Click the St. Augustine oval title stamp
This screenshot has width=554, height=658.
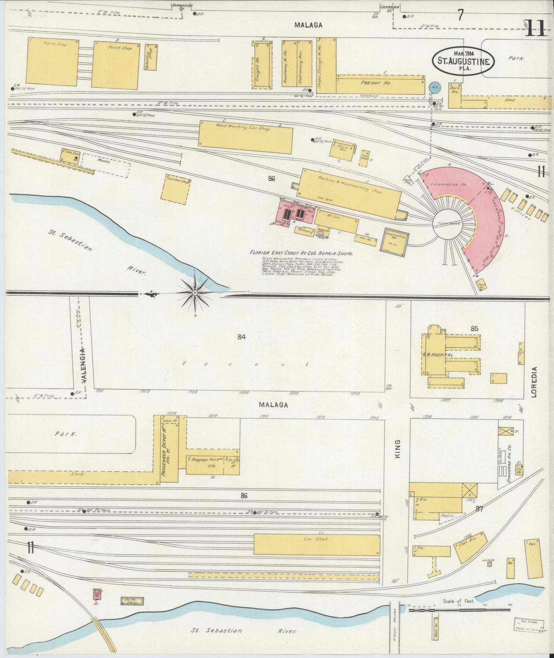click(463, 60)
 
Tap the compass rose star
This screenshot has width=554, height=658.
click(195, 293)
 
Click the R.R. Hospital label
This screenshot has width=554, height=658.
click(437, 355)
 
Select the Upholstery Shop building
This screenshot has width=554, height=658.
click(151, 57)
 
